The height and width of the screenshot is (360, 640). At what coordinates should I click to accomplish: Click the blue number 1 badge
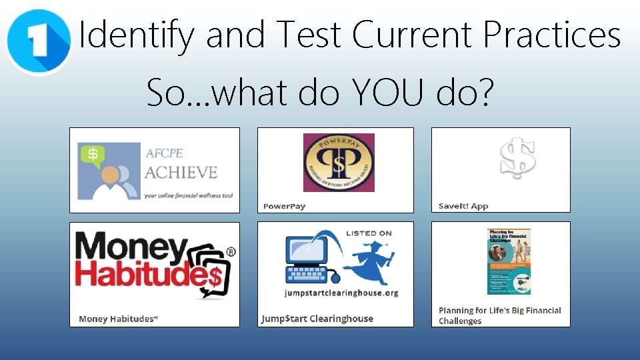tap(38, 41)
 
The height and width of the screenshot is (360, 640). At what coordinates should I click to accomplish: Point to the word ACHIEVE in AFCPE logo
tap(181, 172)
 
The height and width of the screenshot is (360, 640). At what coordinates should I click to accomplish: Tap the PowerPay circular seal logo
tap(339, 163)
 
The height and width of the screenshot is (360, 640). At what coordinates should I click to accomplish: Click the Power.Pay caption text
tap(285, 206)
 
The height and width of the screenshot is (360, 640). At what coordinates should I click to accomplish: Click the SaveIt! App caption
tap(463, 206)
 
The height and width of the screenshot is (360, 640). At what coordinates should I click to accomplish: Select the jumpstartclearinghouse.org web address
tap(341, 293)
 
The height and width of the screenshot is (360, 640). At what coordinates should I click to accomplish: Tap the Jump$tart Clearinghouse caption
tap(317, 319)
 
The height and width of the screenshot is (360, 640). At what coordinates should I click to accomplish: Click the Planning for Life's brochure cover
tap(509, 261)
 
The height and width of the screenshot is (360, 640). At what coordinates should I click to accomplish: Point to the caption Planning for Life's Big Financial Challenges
tap(499, 315)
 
